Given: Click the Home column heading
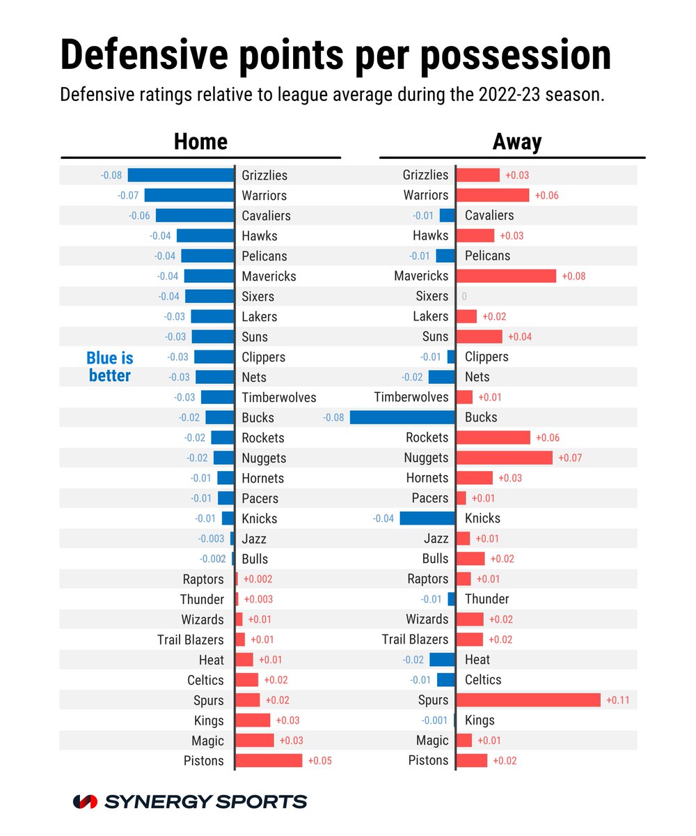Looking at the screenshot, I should pyautogui.click(x=200, y=141).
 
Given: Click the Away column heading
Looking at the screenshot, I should pyautogui.click(x=516, y=141).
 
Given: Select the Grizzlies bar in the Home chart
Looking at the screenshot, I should pyautogui.click(x=180, y=175).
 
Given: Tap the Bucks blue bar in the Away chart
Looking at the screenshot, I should pyautogui.click(x=402, y=417).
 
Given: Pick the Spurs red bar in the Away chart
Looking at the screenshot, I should pyautogui.click(x=528, y=700).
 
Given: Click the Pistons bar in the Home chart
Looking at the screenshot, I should pyautogui.click(x=269, y=760).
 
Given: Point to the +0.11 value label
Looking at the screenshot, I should pyautogui.click(x=618, y=700).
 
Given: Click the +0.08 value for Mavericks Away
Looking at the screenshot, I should pyautogui.click(x=574, y=276).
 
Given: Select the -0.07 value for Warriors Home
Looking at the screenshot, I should pyautogui.click(x=128, y=196).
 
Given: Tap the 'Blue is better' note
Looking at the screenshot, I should pyautogui.click(x=109, y=366).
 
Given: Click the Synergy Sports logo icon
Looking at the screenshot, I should pyautogui.click(x=85, y=801).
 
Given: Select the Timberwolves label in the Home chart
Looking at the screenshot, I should pyautogui.click(x=278, y=398).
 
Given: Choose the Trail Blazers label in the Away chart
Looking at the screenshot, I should pyautogui.click(x=415, y=639).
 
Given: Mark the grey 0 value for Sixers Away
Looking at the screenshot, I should pyautogui.click(x=464, y=297).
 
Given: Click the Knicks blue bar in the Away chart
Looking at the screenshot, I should pyautogui.click(x=427, y=518).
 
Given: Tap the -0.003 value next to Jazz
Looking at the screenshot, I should pyautogui.click(x=211, y=539).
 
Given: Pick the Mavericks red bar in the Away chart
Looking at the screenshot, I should pyautogui.click(x=506, y=276).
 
